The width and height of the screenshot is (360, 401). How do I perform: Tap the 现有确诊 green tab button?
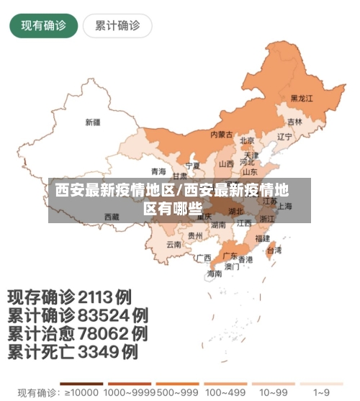[43, 26]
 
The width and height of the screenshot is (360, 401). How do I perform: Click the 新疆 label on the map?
[93, 122]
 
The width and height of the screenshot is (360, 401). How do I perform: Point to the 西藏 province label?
[112, 216]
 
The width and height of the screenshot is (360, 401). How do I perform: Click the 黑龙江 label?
[302, 98]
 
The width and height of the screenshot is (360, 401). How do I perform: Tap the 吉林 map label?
[294, 122]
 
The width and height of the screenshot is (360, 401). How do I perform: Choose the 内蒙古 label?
[221, 134]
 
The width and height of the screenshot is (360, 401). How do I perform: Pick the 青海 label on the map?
[158, 171]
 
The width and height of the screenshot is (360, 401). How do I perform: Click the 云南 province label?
[174, 244]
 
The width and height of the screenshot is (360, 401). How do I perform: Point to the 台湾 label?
[274, 251]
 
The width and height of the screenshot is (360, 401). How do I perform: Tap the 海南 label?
[215, 274]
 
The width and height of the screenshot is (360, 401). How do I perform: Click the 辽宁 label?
[284, 136]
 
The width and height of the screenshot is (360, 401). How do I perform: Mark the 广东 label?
[230, 256]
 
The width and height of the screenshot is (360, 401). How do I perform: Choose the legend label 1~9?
[323, 393]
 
